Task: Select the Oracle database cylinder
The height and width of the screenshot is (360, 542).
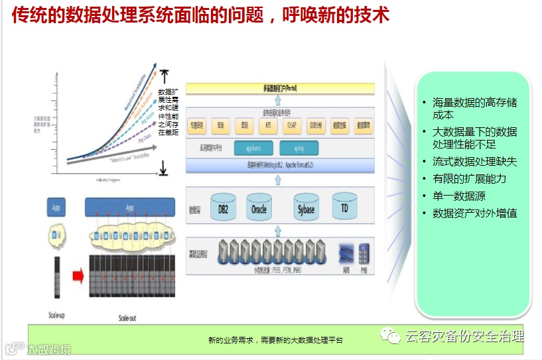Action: (259, 208)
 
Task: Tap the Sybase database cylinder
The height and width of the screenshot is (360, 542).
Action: (305, 208)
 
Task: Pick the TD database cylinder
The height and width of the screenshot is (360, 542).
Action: (344, 208)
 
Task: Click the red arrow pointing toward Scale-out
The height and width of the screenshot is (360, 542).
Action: (76, 275)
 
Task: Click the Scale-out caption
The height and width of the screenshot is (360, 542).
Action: (127, 318)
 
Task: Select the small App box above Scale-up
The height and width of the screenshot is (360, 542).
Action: (56, 208)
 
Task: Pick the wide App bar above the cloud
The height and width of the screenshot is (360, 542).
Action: (129, 208)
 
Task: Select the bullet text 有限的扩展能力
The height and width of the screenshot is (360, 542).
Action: (469, 178)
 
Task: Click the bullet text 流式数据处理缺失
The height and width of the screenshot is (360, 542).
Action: (474, 161)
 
